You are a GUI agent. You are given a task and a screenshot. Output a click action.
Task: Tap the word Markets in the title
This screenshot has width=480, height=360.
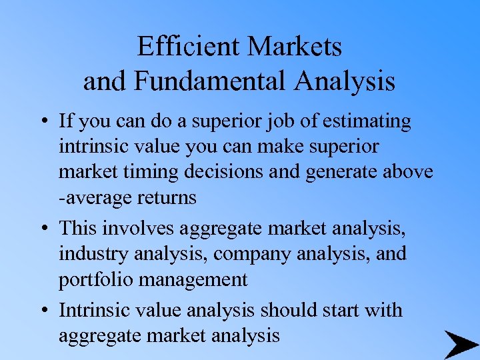[x=295, y=47]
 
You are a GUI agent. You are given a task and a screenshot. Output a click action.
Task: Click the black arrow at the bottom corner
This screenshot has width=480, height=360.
[x=460, y=344]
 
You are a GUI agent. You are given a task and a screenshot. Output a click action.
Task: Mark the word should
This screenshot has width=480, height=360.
[x=286, y=310]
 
